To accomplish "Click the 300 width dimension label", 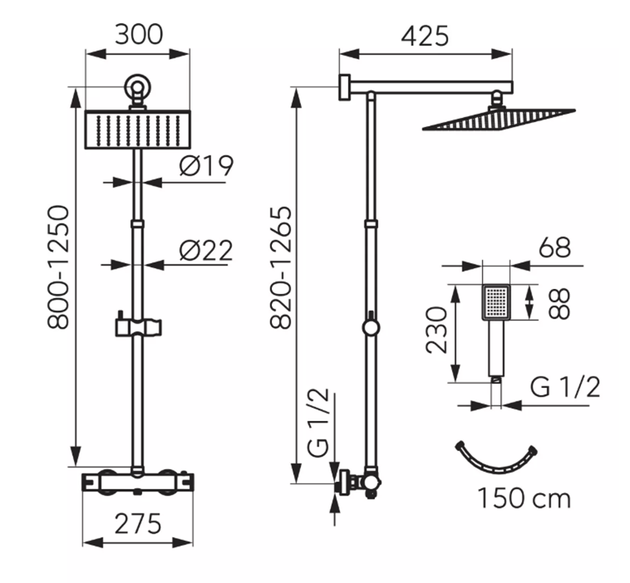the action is pos(139,35).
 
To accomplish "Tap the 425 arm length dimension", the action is pos(425,36).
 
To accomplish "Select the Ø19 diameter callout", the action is pos(206,165).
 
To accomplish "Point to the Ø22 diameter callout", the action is pos(206,251).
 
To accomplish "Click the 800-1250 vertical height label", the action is pos(59,267).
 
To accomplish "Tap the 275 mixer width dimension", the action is pos(138,524).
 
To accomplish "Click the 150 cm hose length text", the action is pos(524,499).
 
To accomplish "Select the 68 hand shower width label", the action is pos(555,247).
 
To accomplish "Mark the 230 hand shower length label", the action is pos(437,330).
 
